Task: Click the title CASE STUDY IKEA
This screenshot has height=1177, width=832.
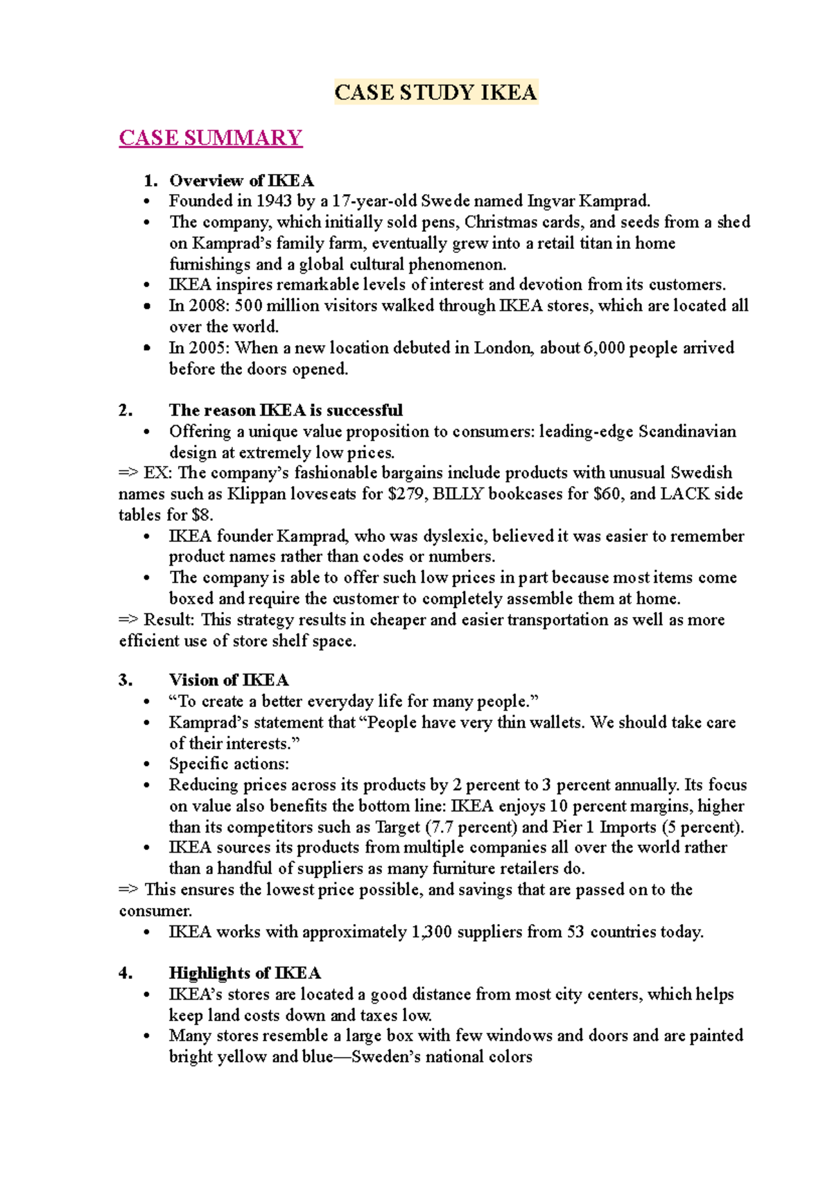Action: [435, 92]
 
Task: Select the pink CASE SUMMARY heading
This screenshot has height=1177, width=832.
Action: [210, 137]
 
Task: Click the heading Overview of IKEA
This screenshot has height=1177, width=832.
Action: [241, 181]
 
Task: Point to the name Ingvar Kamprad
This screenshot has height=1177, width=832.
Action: [588, 202]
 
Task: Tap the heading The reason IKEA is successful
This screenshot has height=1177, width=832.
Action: [286, 410]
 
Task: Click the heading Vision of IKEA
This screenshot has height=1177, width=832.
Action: [229, 680]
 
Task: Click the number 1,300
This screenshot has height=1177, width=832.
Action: [431, 932]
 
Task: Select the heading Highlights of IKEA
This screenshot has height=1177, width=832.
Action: [245, 973]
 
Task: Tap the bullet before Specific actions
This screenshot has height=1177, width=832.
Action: [146, 765]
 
